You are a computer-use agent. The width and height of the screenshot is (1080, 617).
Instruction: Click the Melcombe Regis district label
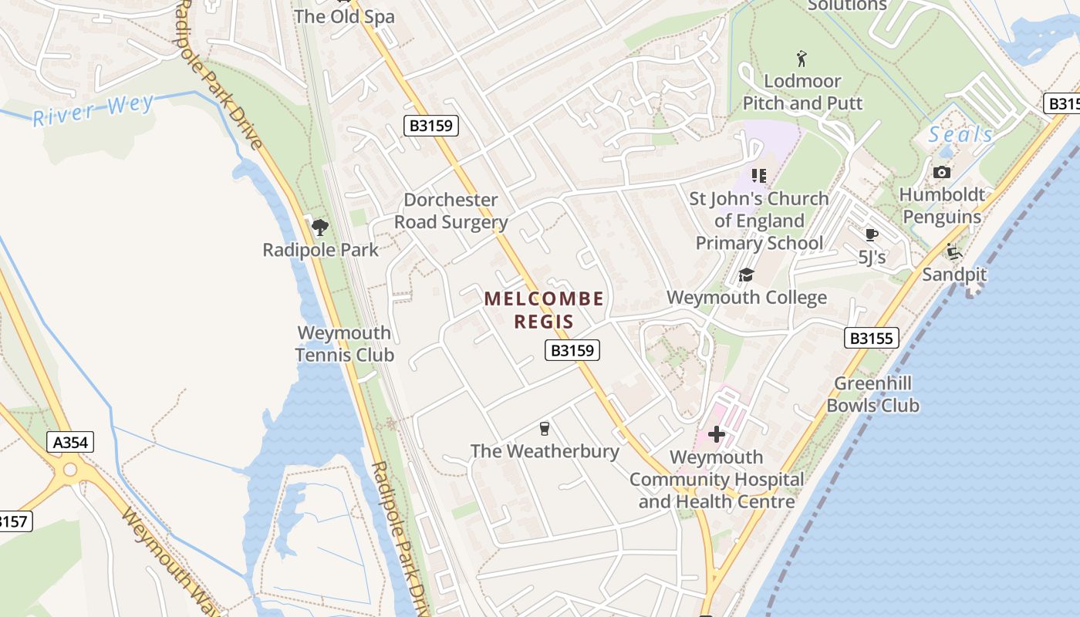(544, 309)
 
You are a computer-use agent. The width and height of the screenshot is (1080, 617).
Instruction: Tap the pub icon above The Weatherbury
(545, 429)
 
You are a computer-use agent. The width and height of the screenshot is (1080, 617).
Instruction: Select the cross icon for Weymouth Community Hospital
(717, 434)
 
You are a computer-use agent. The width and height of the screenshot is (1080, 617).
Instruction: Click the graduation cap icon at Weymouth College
(745, 275)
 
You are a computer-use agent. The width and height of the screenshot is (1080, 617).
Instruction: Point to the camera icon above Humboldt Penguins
(941, 172)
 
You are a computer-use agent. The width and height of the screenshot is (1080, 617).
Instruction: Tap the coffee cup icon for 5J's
(872, 234)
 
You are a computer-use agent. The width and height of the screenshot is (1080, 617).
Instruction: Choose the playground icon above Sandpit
(954, 252)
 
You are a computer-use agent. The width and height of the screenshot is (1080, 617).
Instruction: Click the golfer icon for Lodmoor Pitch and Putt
(802, 58)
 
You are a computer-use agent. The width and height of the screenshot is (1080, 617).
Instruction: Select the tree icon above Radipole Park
(320, 227)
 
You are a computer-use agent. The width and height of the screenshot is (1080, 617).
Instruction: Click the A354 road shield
(71, 442)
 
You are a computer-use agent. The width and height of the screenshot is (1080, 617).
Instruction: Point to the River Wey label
(93, 109)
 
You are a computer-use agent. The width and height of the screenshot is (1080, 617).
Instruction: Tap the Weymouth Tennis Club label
(344, 344)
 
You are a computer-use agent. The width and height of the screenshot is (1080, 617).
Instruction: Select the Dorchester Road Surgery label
(451, 211)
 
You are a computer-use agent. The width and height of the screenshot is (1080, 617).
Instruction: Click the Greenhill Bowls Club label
(872, 394)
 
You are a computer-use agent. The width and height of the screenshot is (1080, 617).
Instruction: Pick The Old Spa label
(344, 16)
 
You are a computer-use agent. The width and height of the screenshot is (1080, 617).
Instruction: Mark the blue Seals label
(960, 134)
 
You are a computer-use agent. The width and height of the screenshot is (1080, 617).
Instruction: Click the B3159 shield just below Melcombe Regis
(572, 350)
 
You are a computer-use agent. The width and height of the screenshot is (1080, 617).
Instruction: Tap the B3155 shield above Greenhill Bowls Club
(871, 337)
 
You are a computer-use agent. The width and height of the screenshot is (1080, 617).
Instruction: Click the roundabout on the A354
(71, 469)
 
